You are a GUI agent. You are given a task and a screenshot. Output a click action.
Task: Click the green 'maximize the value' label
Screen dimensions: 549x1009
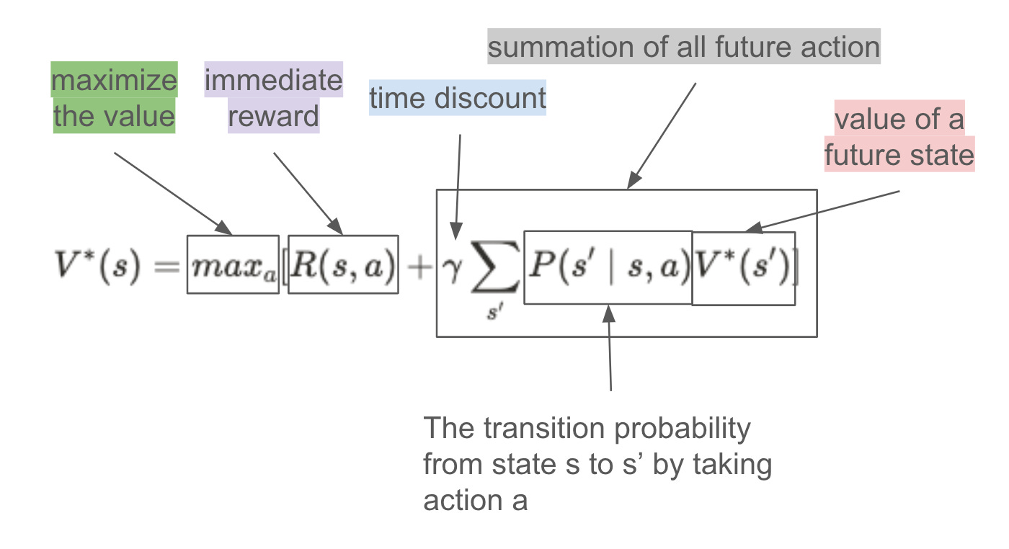[x=114, y=98]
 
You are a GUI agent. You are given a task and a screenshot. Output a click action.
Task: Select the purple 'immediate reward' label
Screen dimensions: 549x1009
[x=274, y=98]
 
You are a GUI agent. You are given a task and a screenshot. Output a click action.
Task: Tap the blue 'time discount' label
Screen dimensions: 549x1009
[x=458, y=99]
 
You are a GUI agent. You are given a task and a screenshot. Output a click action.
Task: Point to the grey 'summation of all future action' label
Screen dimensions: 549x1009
[x=684, y=48]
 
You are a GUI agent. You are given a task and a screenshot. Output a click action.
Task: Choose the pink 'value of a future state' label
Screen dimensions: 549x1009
[x=899, y=137]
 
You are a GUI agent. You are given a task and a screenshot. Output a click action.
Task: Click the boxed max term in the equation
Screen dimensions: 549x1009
[x=232, y=264]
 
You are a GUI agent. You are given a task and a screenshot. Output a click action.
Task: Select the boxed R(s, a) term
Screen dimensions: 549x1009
[x=343, y=264]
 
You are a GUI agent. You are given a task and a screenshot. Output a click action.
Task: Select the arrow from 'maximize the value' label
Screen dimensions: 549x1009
[x=173, y=193]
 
